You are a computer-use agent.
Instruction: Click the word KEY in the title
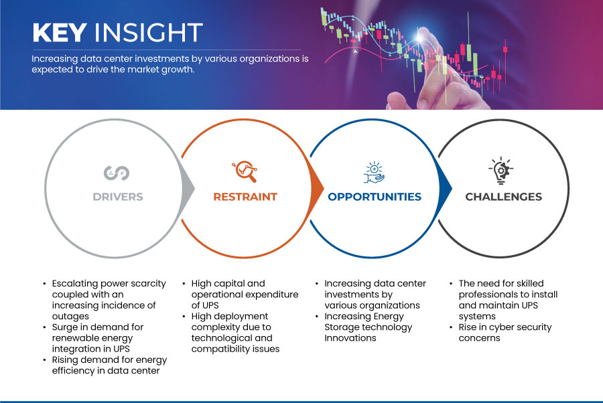[60, 32]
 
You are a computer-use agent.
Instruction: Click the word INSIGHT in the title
[149, 32]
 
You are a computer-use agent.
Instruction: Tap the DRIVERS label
[118, 197]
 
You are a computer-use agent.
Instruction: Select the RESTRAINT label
[245, 197]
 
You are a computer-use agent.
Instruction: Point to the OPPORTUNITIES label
[375, 197]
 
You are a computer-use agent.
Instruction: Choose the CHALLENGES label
[503, 197]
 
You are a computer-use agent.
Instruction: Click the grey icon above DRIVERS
[117, 173]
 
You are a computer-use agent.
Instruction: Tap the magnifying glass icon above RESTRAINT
[245, 171]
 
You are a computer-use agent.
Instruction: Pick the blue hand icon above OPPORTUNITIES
[374, 173]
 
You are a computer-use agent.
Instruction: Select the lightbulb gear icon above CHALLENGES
[501, 171]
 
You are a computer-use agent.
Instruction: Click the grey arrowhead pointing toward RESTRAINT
[188, 188]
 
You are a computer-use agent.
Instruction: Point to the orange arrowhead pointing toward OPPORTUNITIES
[318, 188]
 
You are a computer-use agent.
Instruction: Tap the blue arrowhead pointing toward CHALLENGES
[446, 188]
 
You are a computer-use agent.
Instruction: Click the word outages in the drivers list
[70, 317]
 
